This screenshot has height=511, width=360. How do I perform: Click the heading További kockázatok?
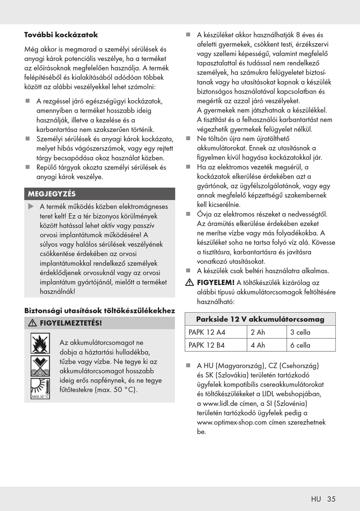tap(61, 35)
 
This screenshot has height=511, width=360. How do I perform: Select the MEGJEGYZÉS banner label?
tap(52, 194)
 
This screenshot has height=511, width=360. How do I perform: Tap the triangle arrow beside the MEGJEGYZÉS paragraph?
tap(31, 207)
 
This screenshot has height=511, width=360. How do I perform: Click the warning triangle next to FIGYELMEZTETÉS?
tap(32, 323)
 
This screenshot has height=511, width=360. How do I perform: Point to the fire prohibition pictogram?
tap(40, 343)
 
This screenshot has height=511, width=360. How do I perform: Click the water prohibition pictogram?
tap(40, 366)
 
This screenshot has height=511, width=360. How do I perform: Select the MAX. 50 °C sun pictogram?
tap(40, 389)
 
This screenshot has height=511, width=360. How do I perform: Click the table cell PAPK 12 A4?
tap(207, 332)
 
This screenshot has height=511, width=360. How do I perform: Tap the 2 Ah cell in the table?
tap(258, 332)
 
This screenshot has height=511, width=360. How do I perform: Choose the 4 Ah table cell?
tap(258, 345)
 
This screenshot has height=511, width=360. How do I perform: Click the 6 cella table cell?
tap(300, 345)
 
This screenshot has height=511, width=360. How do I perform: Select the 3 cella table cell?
tap(300, 332)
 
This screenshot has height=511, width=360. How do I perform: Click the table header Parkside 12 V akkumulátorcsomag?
tap(260, 319)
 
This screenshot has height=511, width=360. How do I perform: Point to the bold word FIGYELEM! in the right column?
tap(216, 282)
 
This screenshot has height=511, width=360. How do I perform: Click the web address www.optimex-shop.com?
tap(232, 422)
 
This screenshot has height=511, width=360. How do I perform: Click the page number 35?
tap(331, 499)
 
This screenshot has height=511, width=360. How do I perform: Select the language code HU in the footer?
tap(316, 499)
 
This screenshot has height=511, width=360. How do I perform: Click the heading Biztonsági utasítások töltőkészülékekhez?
tap(100, 311)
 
